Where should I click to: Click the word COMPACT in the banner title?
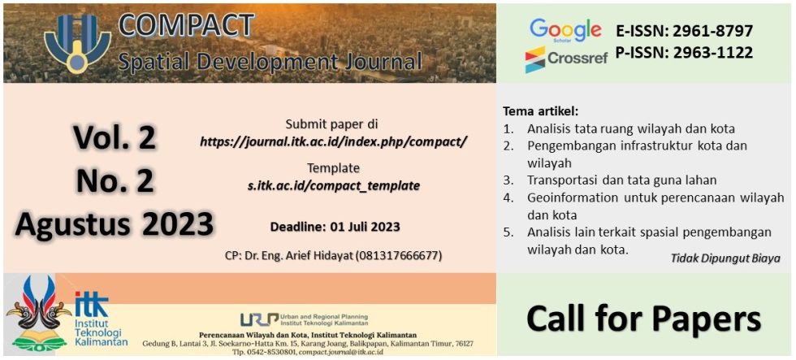tap(186, 24)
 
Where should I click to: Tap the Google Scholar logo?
tap(565, 32)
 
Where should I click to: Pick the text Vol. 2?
tap(115, 138)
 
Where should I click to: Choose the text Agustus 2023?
tap(115, 223)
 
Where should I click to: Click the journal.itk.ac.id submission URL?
tap(333, 141)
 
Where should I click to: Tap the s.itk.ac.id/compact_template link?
tap(333, 185)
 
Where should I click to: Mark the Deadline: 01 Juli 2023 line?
tap(335, 226)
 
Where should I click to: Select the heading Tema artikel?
tap(540, 111)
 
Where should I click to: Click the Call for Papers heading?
tap(643, 318)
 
